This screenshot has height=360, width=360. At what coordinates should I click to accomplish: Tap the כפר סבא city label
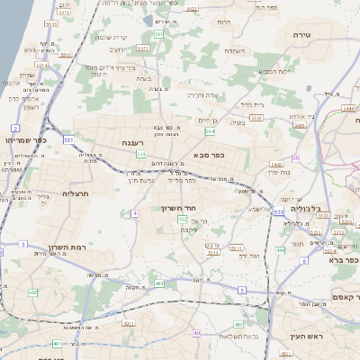[208, 154]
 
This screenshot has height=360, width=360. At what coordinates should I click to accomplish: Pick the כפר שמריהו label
[24, 139]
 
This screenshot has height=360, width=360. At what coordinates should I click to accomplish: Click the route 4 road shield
[134, 213]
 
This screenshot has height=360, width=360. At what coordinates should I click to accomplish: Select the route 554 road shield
[210, 131]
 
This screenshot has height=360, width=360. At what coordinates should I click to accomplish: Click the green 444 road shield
[281, 250]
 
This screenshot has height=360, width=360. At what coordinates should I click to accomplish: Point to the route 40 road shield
[197, 333]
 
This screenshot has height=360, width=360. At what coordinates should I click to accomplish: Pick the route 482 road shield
[33, 292]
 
